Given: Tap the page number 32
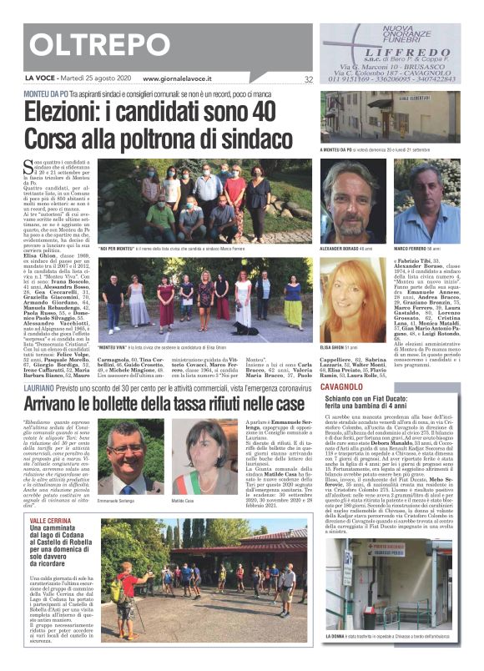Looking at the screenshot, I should [308, 80].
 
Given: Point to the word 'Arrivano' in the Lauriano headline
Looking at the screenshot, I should [58, 403].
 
